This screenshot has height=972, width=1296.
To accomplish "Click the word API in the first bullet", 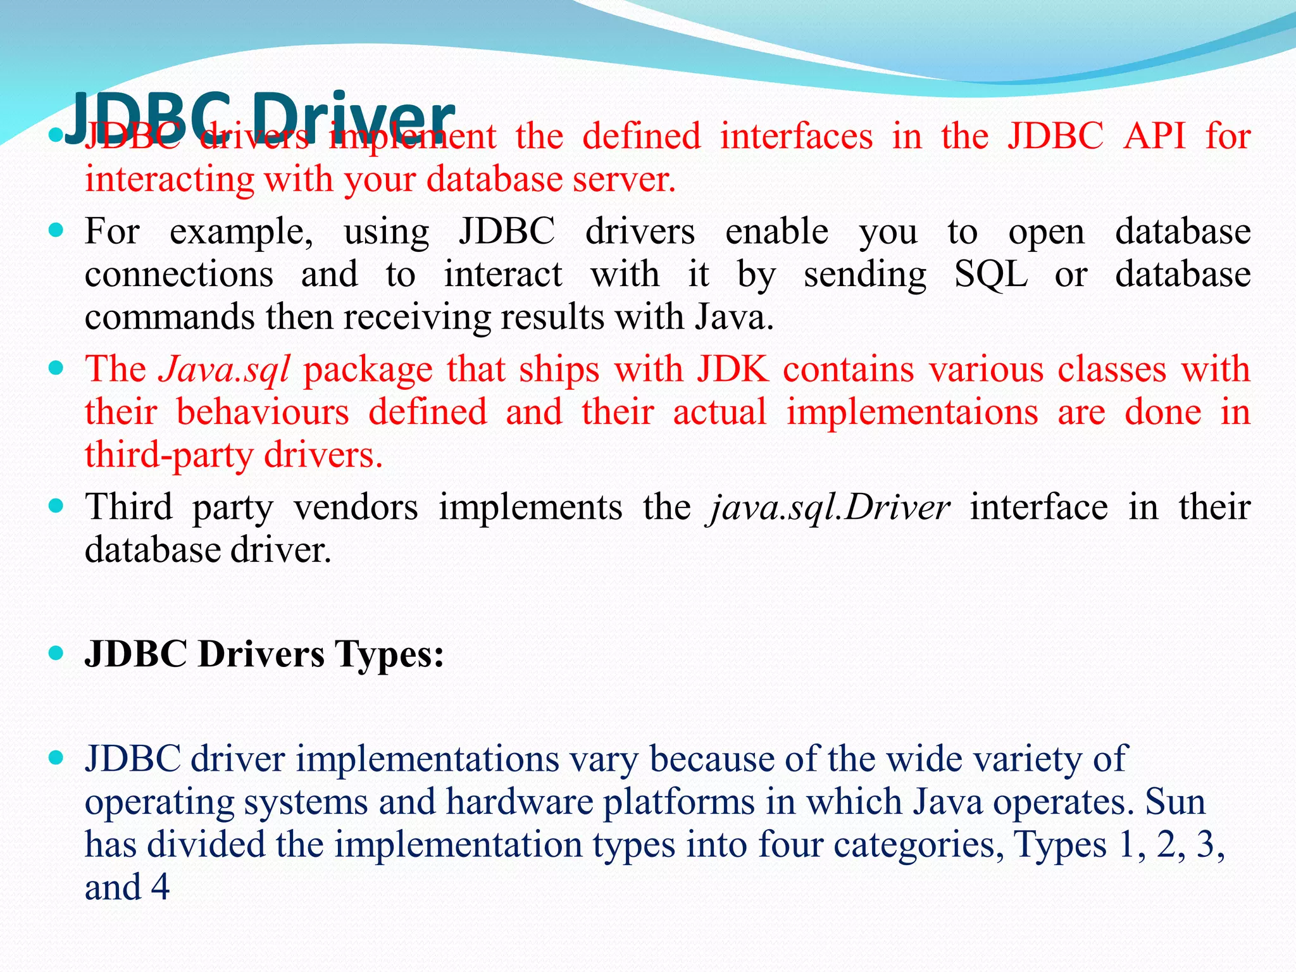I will coord(1154,136).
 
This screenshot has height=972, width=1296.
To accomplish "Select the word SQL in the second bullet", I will coord(990,275).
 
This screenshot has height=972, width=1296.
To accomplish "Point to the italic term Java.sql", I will coord(224,370).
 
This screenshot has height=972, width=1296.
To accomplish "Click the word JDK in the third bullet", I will coord(733,369).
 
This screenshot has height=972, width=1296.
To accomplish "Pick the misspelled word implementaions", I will coord(912,412).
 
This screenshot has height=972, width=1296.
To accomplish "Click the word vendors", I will coord(356,508).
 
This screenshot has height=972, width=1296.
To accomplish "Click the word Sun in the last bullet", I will coord(1175,802).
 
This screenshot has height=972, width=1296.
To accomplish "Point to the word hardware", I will coord(519,802).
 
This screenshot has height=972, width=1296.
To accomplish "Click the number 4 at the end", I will coord(161,887).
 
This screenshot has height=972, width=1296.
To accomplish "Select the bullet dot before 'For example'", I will coord(56,230).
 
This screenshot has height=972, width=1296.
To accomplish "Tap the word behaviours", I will coord(262,412).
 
